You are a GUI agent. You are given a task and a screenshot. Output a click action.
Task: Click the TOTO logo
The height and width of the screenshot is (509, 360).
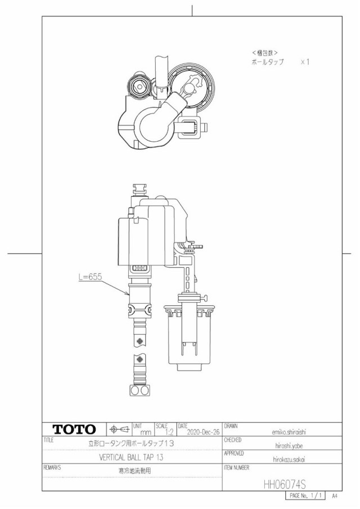(74, 430)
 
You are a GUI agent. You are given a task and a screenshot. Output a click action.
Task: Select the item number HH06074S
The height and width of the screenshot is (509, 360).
(285, 485)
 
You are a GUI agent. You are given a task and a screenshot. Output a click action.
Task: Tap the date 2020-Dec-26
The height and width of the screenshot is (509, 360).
(203, 432)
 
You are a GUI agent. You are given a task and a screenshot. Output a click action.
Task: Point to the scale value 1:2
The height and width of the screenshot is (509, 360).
(169, 432)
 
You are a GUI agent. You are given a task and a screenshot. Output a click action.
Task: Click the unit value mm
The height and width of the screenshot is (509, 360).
(146, 433)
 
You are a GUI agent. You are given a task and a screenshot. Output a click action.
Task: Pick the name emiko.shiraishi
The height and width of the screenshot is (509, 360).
(289, 432)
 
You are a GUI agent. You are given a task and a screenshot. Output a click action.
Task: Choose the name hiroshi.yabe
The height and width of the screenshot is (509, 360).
(289, 445)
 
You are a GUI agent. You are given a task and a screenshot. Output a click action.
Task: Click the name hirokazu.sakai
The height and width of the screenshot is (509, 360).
(289, 460)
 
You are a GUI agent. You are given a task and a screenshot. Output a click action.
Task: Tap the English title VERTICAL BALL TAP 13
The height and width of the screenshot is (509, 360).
(131, 457)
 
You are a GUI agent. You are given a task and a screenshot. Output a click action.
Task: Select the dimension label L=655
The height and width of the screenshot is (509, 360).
(90, 277)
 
